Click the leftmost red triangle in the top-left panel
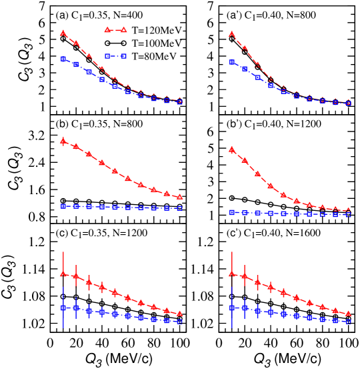point(63,33)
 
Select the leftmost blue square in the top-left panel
point(63,59)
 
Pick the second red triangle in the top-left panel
point(76,43)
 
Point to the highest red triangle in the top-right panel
point(231,33)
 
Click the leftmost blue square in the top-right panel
point(231,62)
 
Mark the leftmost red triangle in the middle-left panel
point(63,141)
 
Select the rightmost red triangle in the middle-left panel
point(179,197)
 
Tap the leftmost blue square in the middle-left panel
point(63,206)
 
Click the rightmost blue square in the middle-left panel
point(179,208)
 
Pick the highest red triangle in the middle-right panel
point(231,150)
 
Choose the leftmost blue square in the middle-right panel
point(231,212)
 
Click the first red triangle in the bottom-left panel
point(63,274)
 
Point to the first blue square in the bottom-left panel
point(63,308)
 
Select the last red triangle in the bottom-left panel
point(179,313)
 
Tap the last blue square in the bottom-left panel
point(179,321)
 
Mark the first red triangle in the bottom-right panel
point(231,274)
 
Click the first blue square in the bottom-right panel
point(231,308)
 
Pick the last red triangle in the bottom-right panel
point(348,313)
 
